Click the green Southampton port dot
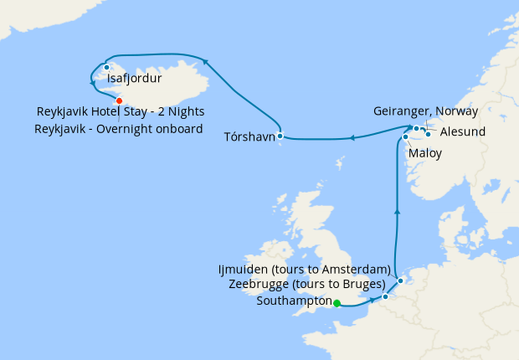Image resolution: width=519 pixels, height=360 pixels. pos(337,304)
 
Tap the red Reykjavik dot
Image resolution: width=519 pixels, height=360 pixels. pos(119,100)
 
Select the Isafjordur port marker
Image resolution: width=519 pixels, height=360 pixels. pos(107,67)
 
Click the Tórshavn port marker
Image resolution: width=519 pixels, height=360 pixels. pos(280,136)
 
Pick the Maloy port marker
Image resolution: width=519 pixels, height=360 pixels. pos(405,137)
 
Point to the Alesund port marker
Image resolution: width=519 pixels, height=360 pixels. pos(428,133)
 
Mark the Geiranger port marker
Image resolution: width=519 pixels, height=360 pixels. pos(417,128)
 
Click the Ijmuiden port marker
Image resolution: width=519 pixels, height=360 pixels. pos(400,281)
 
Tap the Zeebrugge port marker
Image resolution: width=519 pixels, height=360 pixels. pos(385,296)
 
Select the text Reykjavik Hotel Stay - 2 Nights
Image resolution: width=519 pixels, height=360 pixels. pos(121,111)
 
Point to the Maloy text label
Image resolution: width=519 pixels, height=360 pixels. pos(424,153)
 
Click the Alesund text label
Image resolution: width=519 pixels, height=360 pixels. pos(462,131)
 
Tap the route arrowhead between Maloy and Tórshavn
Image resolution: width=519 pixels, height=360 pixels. pos(352,138)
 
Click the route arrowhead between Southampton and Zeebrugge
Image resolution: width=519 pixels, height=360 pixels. pos(372,300)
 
